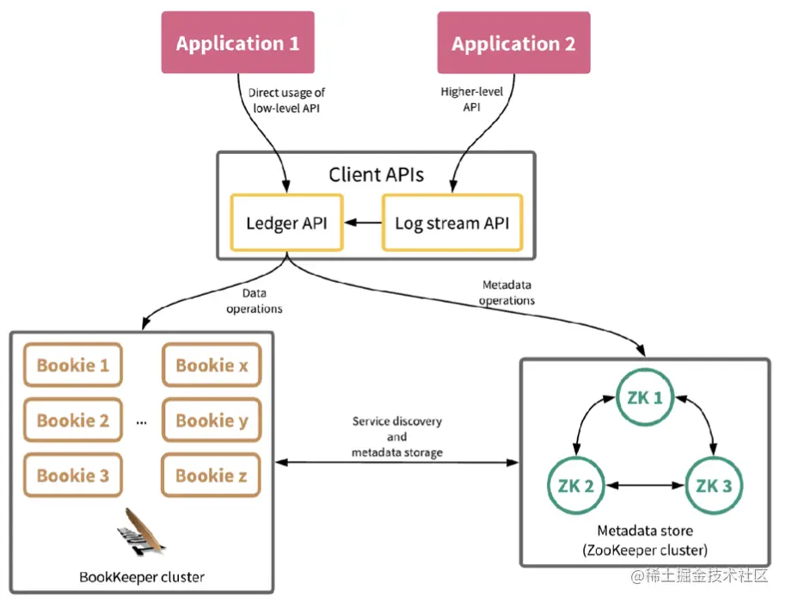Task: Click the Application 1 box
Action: pyautogui.click(x=238, y=43)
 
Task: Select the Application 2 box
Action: pyautogui.click(x=513, y=43)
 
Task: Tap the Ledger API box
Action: pyautogui.click(x=286, y=223)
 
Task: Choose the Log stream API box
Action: pyautogui.click(x=451, y=223)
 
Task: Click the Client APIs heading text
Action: pyautogui.click(x=376, y=175)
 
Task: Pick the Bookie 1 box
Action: pyautogui.click(x=73, y=365)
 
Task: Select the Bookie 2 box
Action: pyautogui.click(x=73, y=421)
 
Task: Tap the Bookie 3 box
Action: pyautogui.click(x=73, y=476)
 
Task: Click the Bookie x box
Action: pyautogui.click(x=212, y=365)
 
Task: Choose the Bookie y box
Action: pyautogui.click(x=212, y=421)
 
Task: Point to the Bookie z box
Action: pyautogui.click(x=212, y=476)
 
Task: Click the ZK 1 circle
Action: pyautogui.click(x=644, y=398)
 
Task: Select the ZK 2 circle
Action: pyautogui.click(x=575, y=485)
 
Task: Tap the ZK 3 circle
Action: pyautogui.click(x=713, y=485)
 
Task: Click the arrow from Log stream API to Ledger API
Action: pyautogui.click(x=361, y=224)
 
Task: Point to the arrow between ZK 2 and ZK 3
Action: pyautogui.click(x=644, y=486)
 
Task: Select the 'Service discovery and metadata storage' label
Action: pyautogui.click(x=397, y=437)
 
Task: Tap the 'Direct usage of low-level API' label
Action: pyautogui.click(x=286, y=99)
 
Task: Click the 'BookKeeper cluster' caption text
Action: pyautogui.click(x=141, y=576)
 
